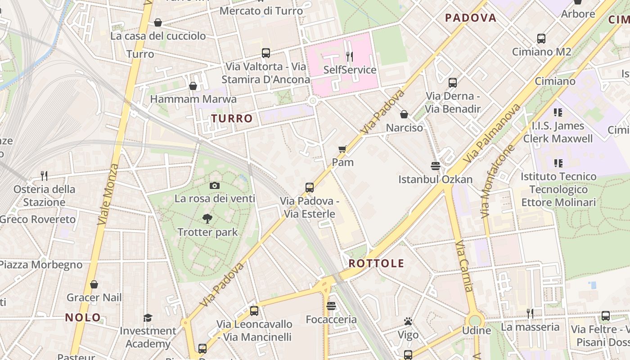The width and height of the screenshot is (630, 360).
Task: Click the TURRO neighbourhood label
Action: tap(232, 118)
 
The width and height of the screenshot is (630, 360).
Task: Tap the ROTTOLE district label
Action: tap(376, 263)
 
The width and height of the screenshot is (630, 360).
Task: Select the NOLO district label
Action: tap(83, 317)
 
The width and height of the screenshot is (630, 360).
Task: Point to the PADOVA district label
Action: tap(470, 18)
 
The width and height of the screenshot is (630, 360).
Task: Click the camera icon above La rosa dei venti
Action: tap(215, 185)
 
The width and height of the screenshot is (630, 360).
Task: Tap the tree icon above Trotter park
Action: tap(207, 219)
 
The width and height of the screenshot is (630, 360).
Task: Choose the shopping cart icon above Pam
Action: tap(342, 149)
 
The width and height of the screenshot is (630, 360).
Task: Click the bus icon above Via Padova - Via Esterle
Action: tap(310, 188)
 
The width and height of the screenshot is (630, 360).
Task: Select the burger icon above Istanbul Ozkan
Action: tap(435, 166)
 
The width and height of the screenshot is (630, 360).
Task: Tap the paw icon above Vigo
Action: tap(408, 321)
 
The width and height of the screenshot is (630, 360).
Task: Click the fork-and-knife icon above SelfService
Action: tap(349, 56)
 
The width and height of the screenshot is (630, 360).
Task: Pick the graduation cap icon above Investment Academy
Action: tap(148, 318)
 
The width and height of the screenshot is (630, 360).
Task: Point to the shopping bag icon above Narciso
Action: tap(404, 114)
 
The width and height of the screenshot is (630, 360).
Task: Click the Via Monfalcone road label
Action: tap(498, 181)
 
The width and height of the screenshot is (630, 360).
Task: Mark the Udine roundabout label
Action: tap(477, 330)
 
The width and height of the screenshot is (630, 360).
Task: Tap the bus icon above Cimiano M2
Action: tap(541, 39)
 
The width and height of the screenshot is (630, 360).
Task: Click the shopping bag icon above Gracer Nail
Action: tap(94, 284)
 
